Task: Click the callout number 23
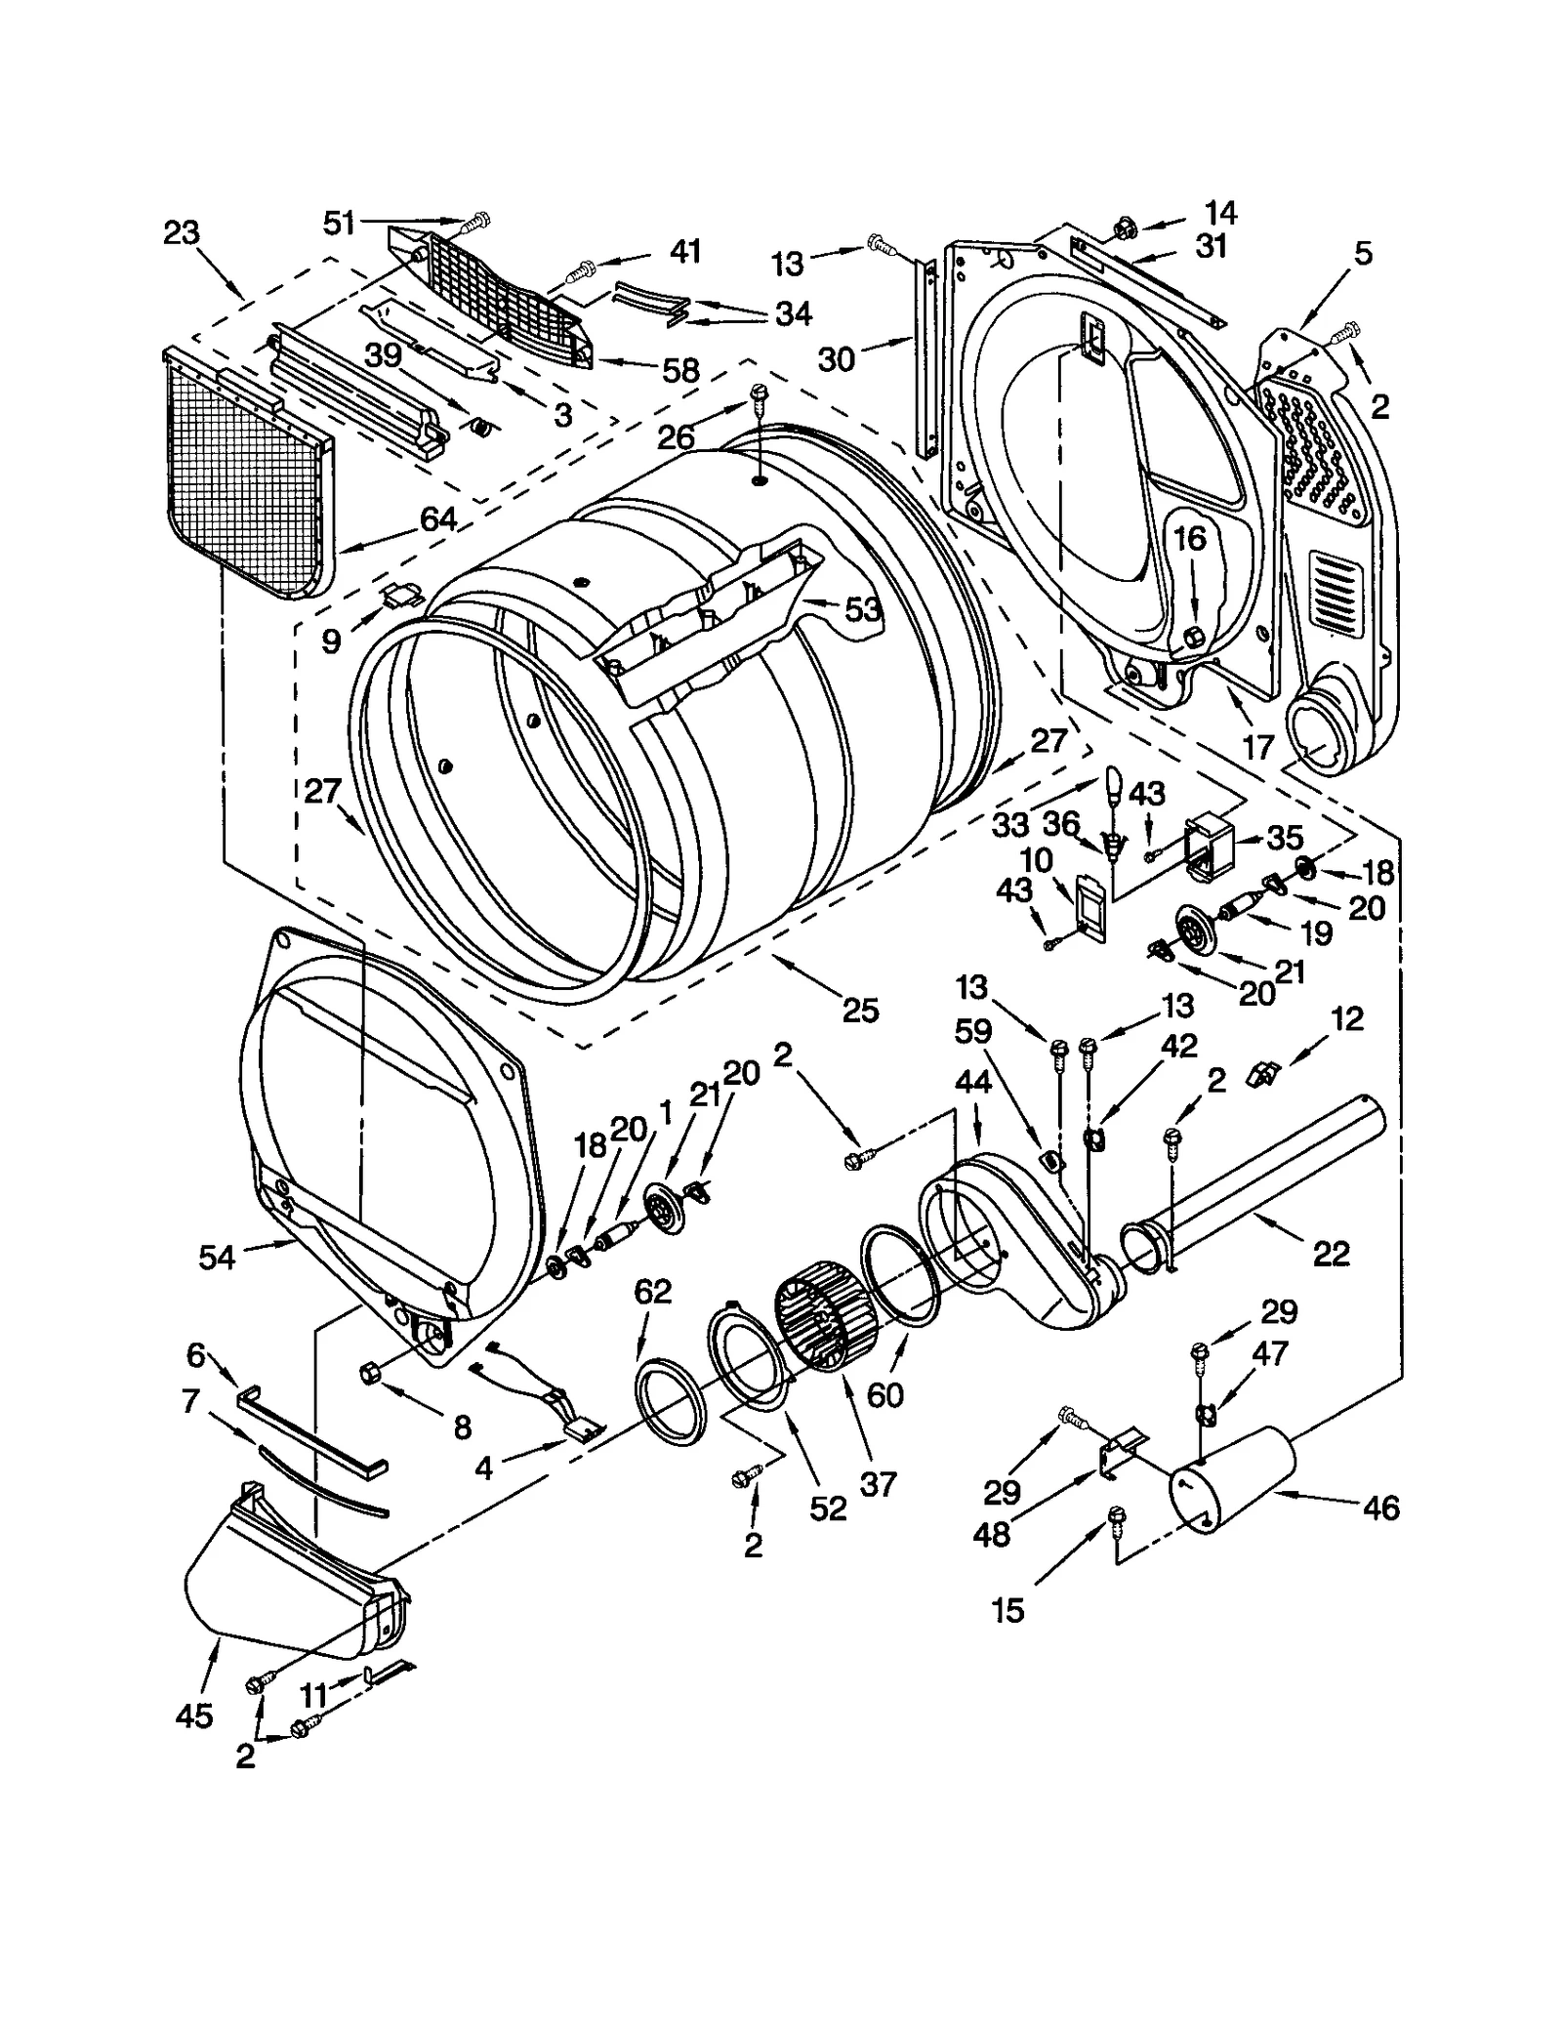click(x=182, y=233)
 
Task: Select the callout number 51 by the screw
click(x=340, y=224)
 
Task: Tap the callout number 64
click(x=438, y=519)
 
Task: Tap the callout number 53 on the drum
click(x=863, y=610)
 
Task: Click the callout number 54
click(x=217, y=1258)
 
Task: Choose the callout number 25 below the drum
click(x=860, y=1010)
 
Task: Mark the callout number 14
click(x=1219, y=213)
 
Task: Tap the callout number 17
click(x=1258, y=747)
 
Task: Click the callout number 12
click(x=1346, y=1019)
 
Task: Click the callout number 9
click(x=332, y=641)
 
